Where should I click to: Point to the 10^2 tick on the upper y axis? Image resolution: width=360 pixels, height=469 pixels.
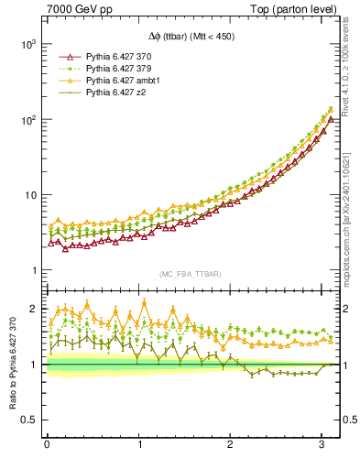pos(28,120)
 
